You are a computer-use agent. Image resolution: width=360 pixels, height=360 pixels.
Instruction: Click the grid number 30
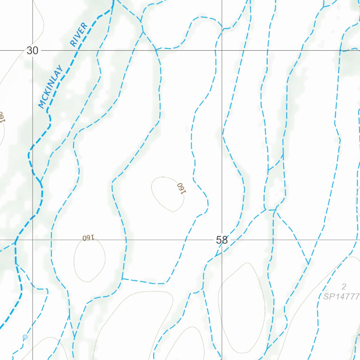(x=32, y=51)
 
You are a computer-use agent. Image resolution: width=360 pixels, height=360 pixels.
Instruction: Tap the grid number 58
(x=222, y=240)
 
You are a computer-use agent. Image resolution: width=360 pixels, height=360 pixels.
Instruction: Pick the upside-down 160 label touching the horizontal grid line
(x=88, y=238)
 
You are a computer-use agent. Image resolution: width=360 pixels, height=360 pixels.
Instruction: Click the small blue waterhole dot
(x=25, y=337)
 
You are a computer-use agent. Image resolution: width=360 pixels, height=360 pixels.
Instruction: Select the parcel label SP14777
(x=341, y=297)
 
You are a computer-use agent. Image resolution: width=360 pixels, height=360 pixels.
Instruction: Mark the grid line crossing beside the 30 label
(x=33, y=50)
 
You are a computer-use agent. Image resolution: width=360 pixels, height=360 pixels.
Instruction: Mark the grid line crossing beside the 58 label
(x=222, y=240)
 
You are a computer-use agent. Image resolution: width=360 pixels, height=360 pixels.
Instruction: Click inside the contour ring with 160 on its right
(x=165, y=193)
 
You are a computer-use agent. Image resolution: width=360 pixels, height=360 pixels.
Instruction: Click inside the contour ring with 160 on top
(x=89, y=260)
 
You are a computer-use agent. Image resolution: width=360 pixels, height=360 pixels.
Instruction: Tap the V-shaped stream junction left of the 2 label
(x=308, y=264)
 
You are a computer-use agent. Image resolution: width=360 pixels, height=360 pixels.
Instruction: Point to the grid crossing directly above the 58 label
(x=222, y=50)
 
